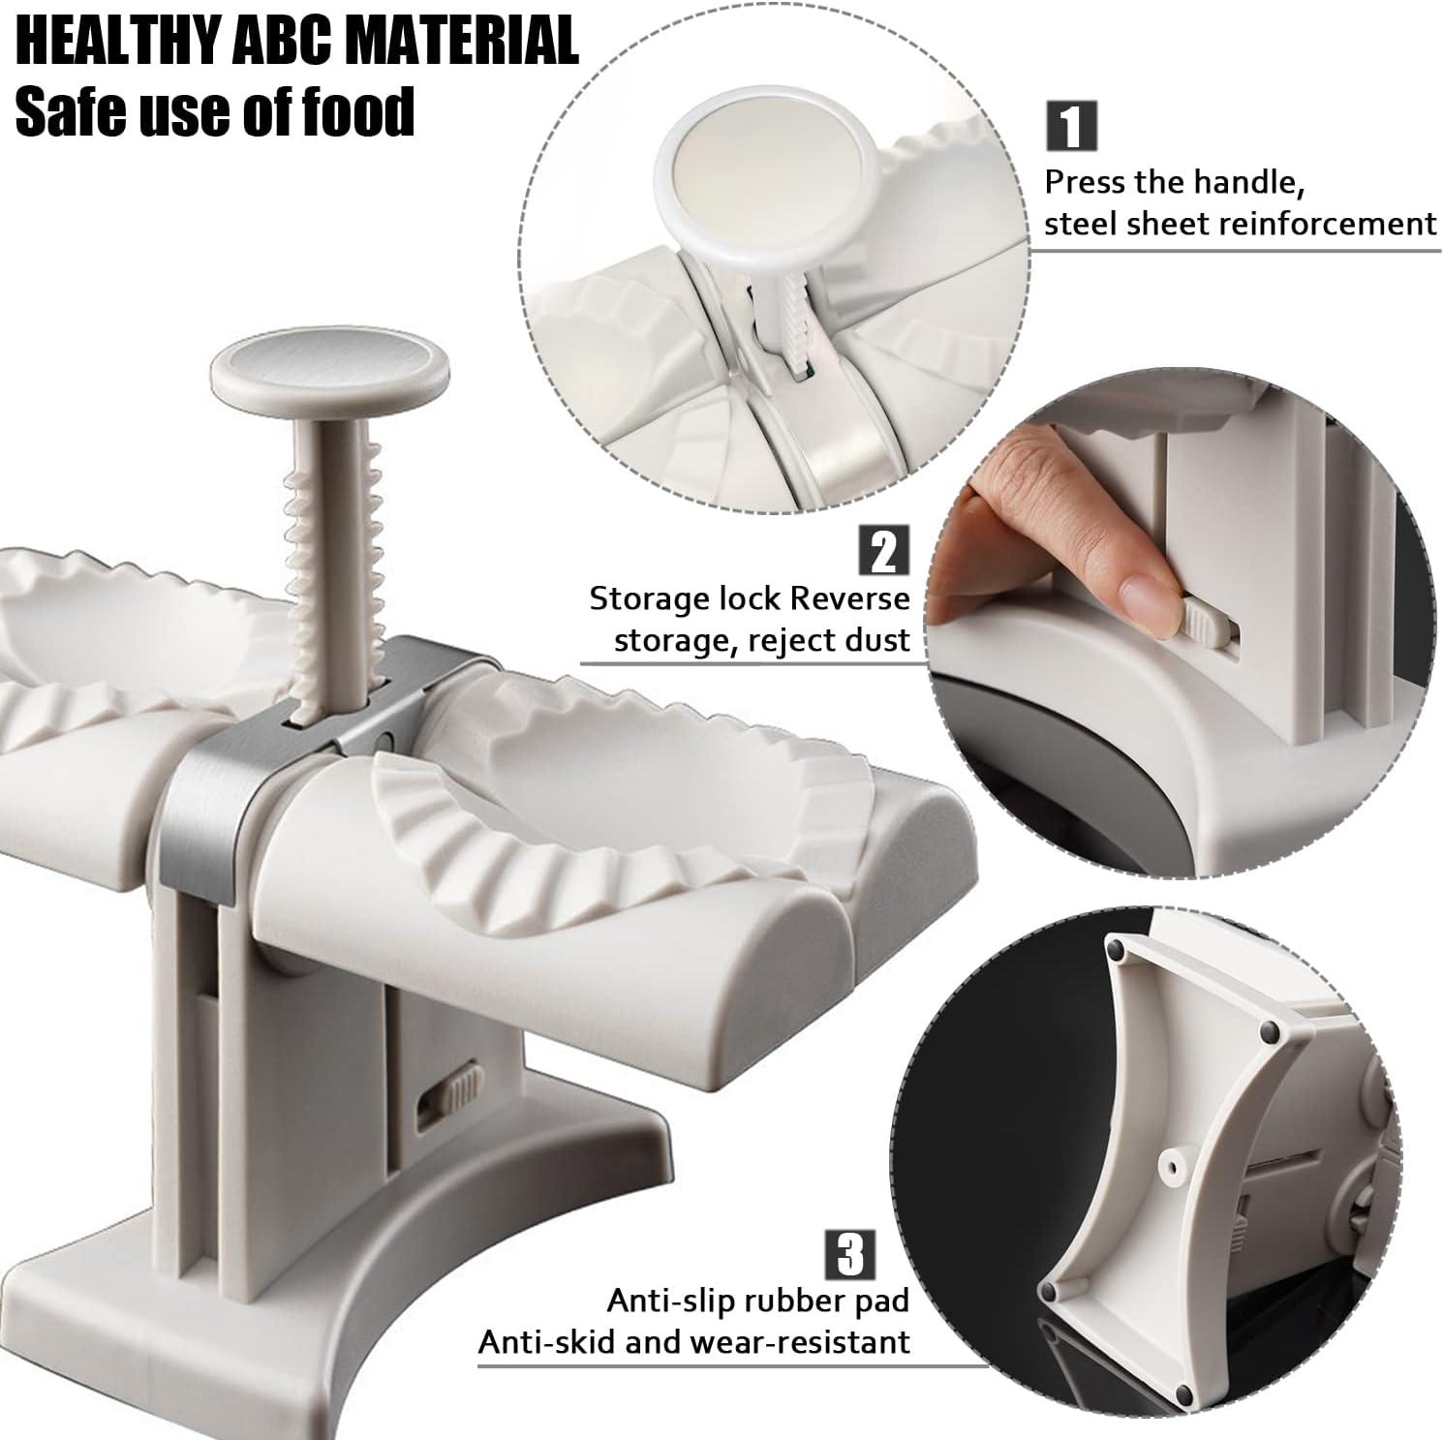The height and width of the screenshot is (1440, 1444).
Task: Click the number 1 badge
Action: pos(1071,126)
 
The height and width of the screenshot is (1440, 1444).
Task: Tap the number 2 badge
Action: pos(884,550)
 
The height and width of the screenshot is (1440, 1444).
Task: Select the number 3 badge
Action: pos(850,1254)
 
